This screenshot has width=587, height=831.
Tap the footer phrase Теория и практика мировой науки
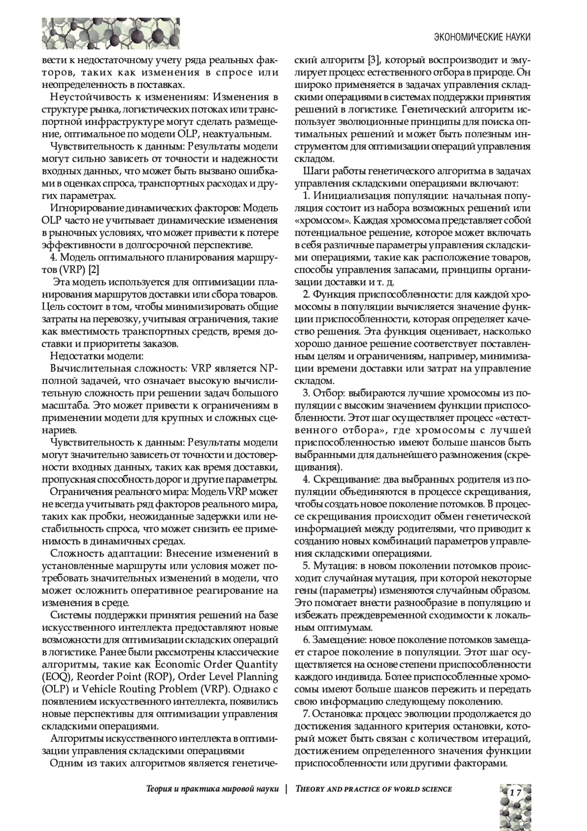[213, 789]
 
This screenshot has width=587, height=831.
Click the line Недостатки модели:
[97, 356]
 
